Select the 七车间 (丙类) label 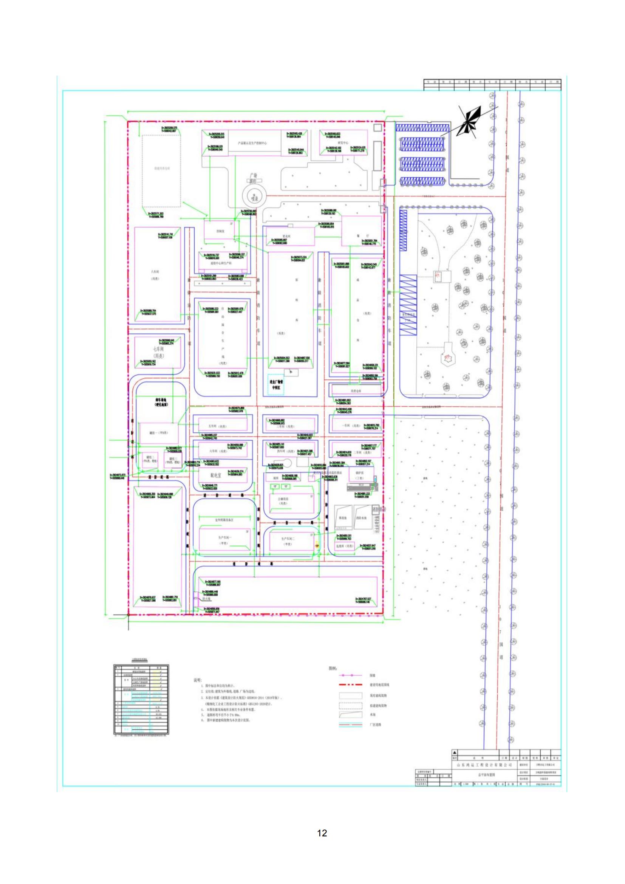158,352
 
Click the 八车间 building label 155,275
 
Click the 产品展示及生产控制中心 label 252,143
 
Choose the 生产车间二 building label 288,541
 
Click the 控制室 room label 220,231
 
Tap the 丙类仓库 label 354,390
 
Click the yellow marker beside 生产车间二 317,546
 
